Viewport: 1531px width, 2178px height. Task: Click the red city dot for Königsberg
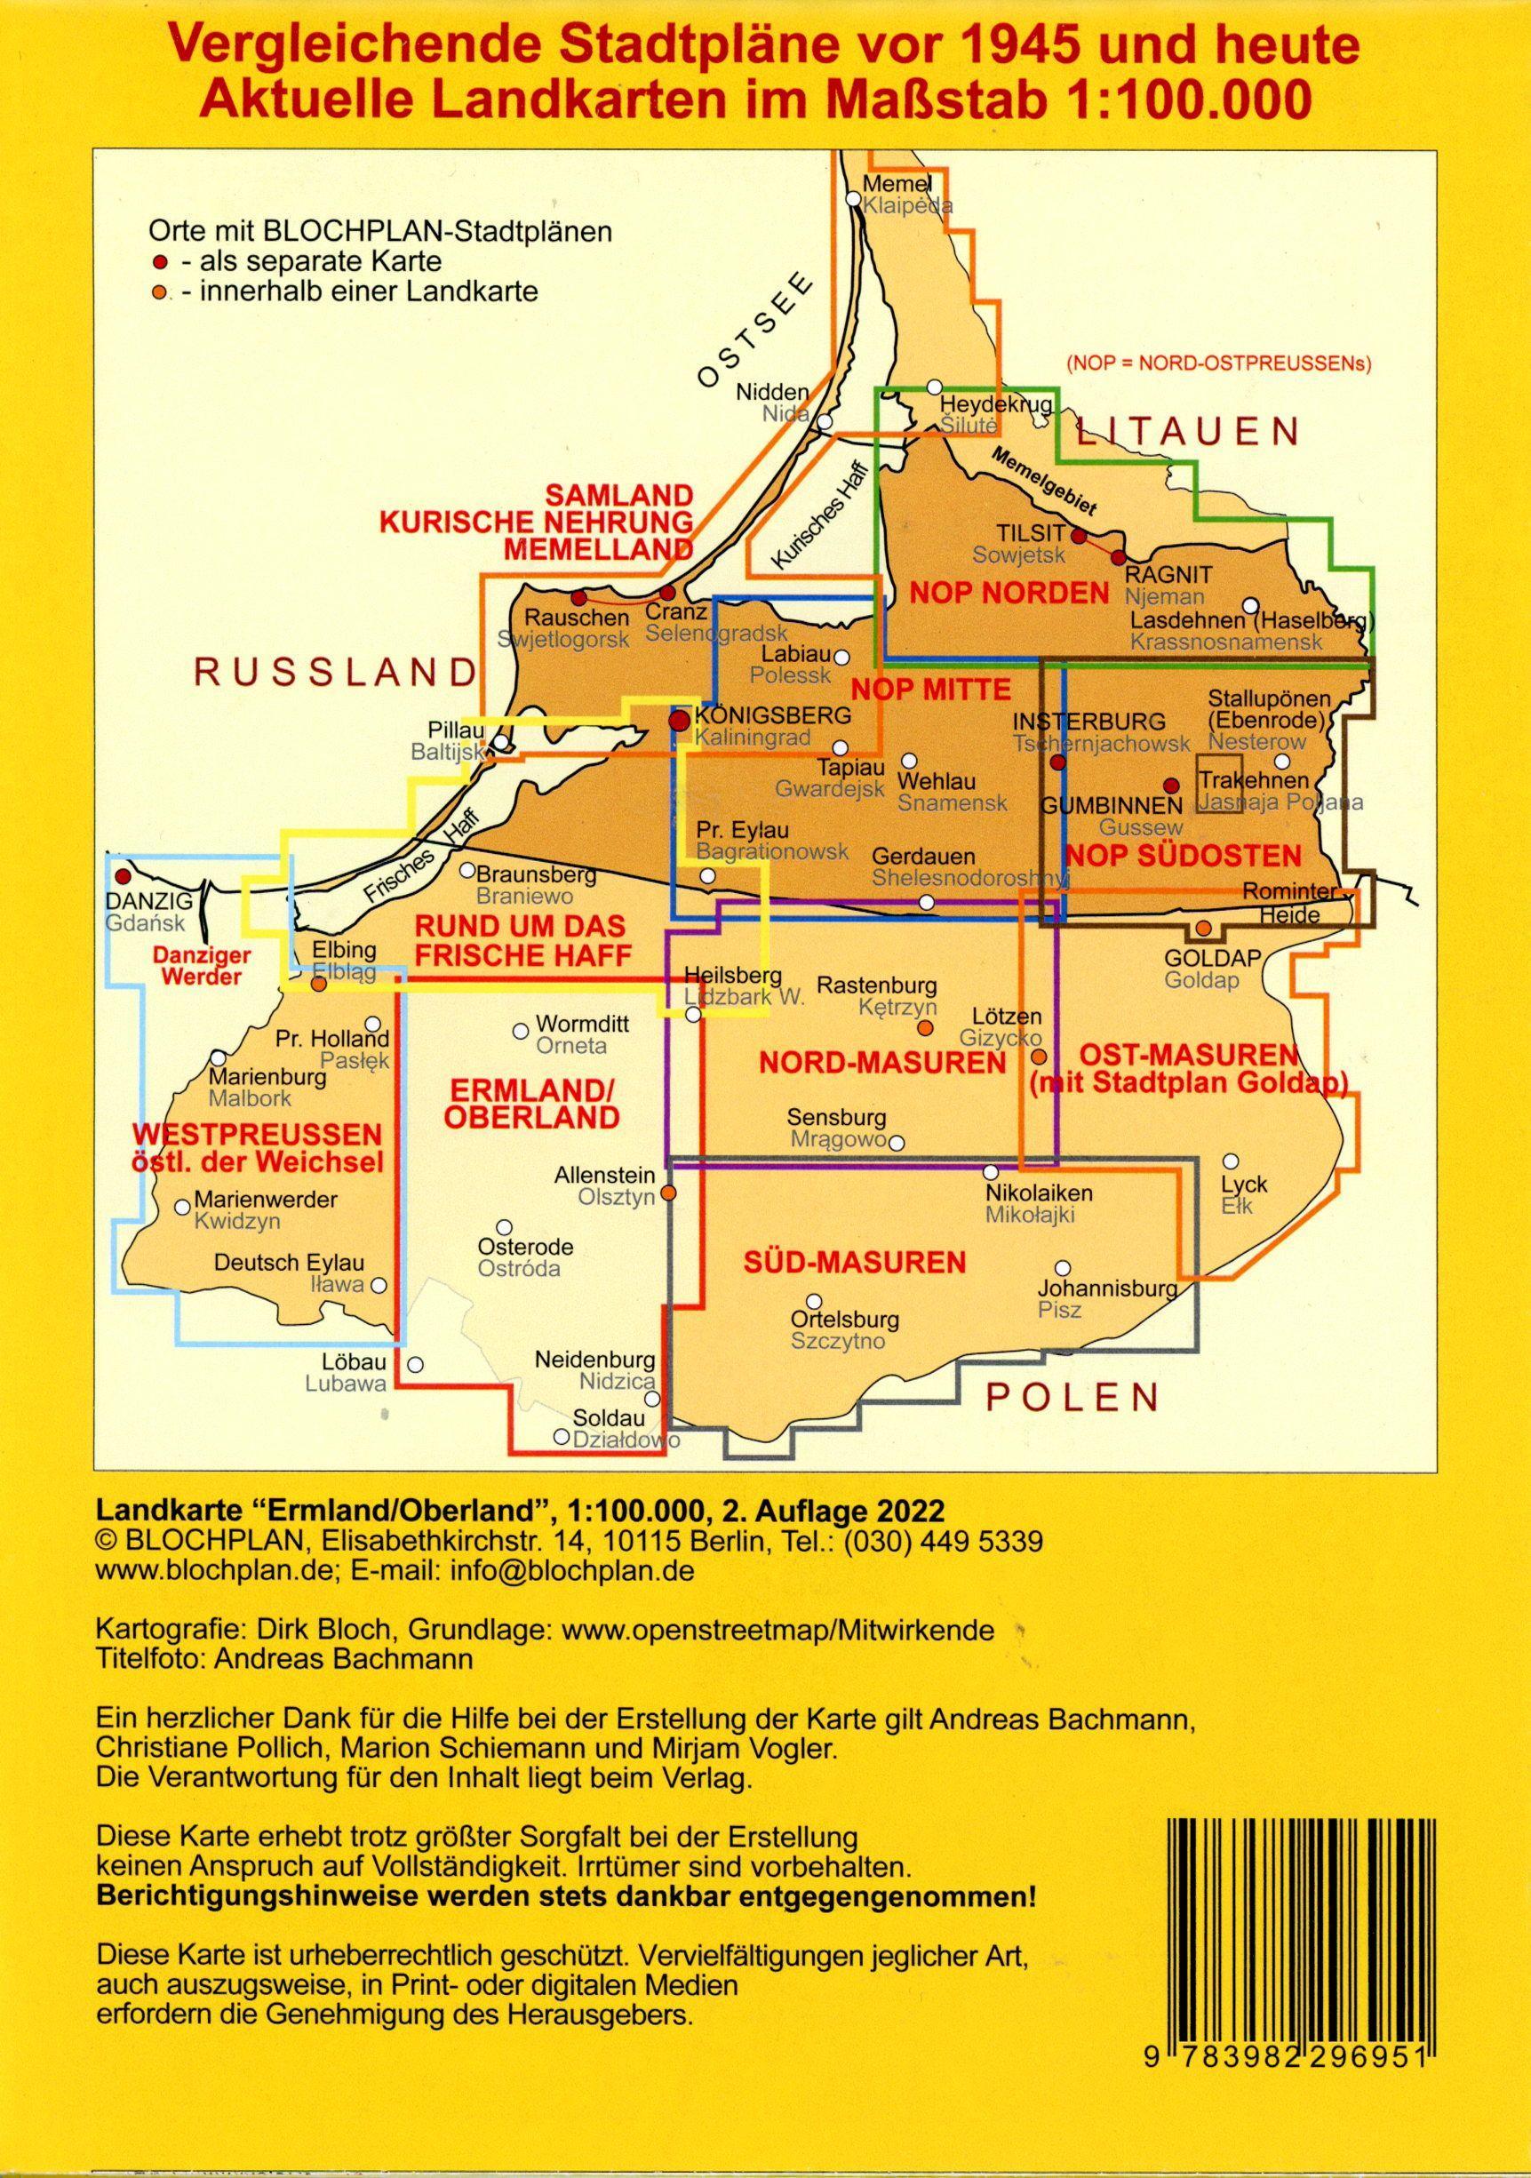coord(679,721)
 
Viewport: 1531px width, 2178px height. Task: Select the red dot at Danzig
coord(122,876)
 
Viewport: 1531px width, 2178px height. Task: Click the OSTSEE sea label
coord(754,331)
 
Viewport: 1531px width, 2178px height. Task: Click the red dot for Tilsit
coord(1078,536)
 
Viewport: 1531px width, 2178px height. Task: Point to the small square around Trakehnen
coord(1218,782)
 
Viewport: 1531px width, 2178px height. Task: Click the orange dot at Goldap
coord(1203,927)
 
